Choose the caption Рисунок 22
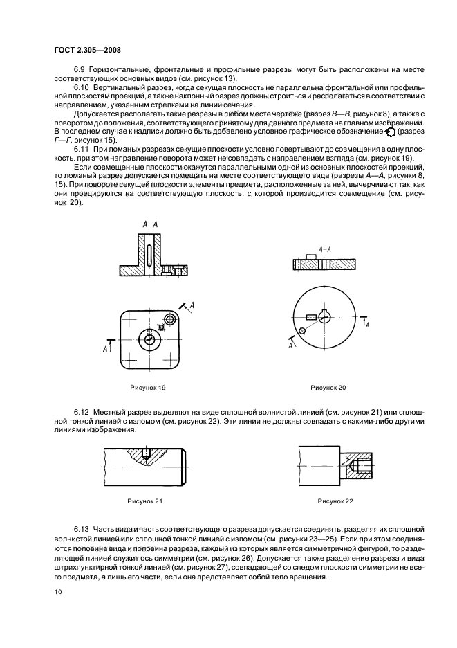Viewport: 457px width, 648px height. tap(335, 499)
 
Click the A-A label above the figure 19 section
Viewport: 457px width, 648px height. tap(150, 224)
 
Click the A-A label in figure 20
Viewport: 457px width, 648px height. tap(324, 248)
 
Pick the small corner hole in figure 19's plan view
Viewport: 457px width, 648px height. tap(162, 326)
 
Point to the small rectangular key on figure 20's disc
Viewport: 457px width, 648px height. tap(311, 317)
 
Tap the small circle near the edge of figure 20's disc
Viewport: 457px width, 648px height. tap(302, 332)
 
